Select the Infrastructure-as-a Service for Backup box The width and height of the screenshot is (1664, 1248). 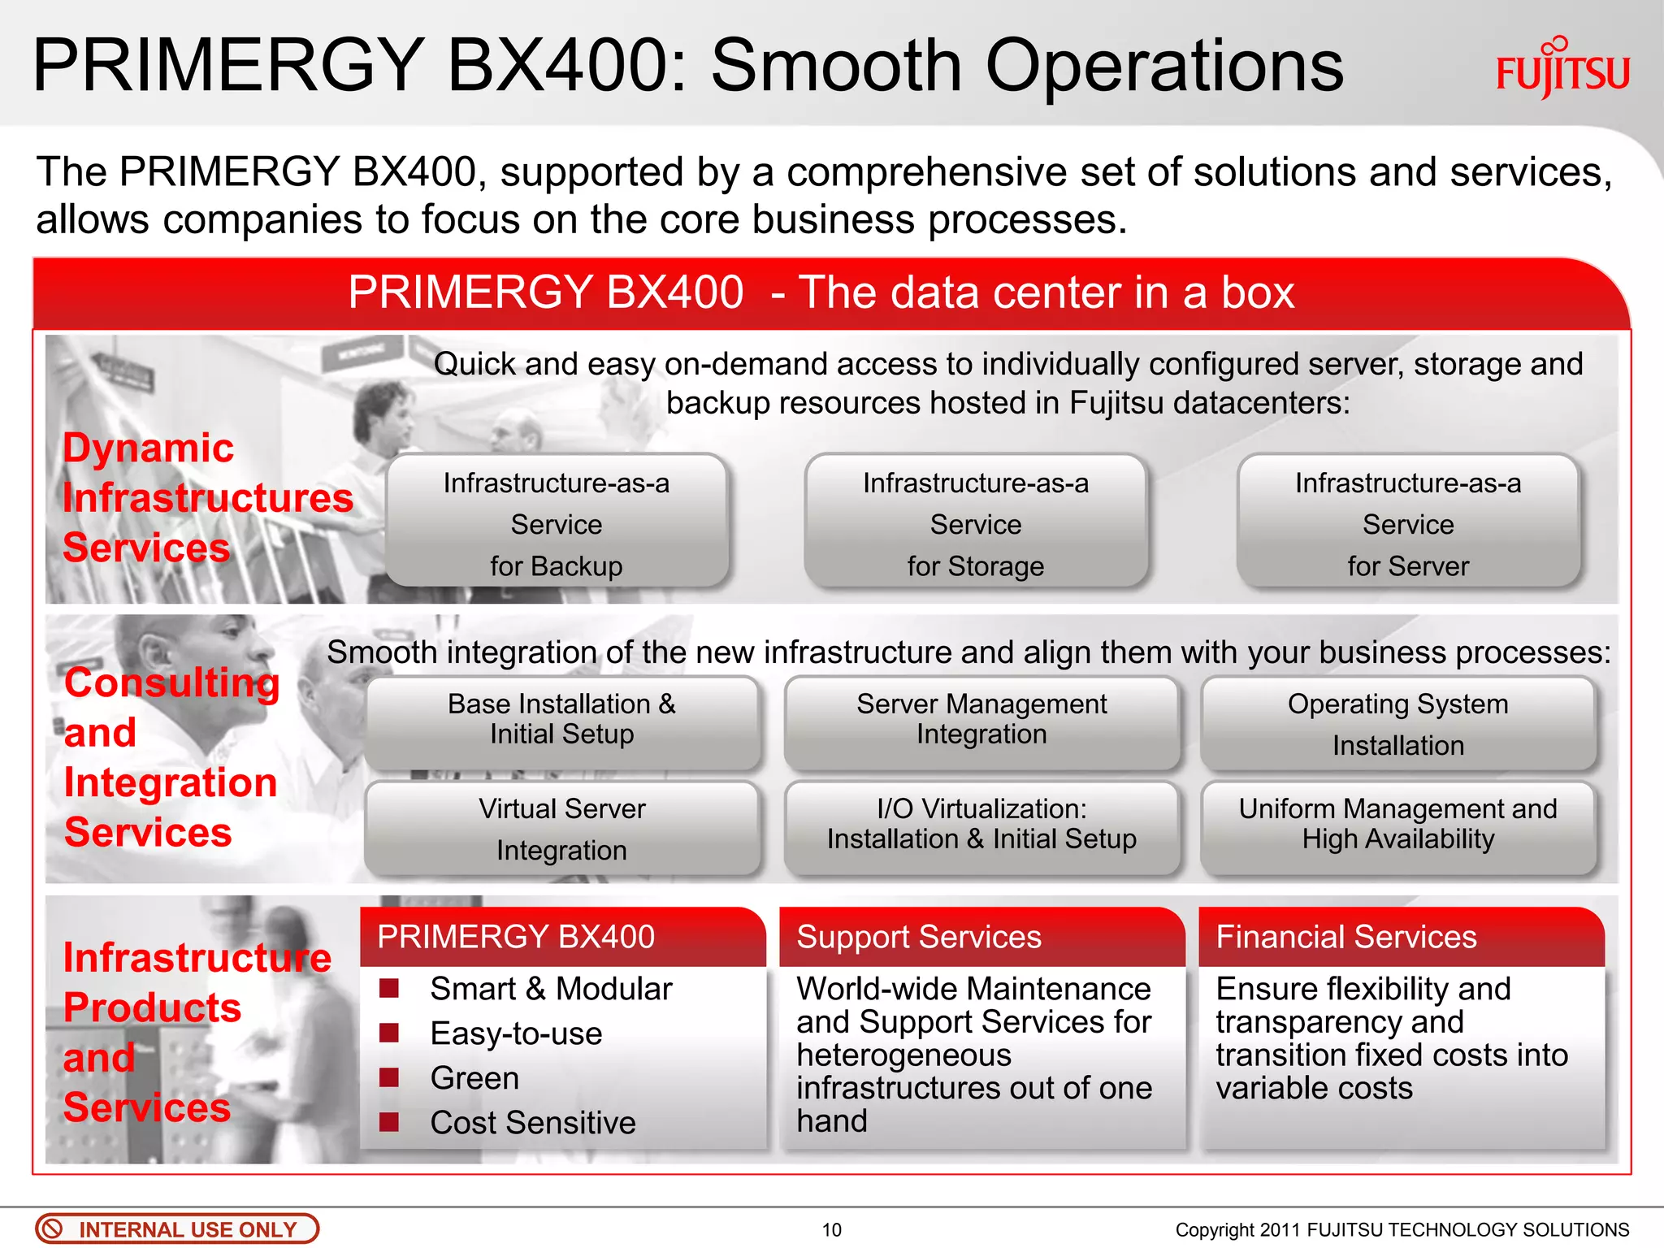(x=557, y=522)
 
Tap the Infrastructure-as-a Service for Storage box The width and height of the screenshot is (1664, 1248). (x=976, y=522)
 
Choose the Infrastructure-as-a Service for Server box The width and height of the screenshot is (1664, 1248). (x=1408, y=522)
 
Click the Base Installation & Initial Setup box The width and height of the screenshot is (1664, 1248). (x=561, y=721)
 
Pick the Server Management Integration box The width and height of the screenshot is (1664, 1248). (x=981, y=721)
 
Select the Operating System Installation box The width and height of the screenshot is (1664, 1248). (x=1397, y=723)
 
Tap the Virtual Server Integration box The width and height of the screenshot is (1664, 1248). (x=561, y=828)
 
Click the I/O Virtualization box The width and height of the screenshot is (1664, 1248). (x=981, y=825)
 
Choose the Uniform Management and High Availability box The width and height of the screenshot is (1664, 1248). (x=1397, y=825)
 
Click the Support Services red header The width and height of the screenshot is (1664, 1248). (x=981, y=937)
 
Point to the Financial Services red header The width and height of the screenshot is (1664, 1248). (x=1401, y=937)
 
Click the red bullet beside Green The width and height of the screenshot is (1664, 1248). (x=389, y=1077)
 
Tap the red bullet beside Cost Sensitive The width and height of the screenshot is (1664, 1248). (x=389, y=1122)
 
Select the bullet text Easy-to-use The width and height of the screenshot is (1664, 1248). (x=516, y=1033)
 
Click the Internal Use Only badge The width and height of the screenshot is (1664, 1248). (x=177, y=1228)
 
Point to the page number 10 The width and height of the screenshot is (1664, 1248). (x=831, y=1229)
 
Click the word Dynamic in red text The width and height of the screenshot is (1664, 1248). (x=149, y=448)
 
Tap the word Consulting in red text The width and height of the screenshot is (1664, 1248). (x=171, y=682)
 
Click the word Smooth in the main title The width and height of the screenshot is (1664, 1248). (x=836, y=66)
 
